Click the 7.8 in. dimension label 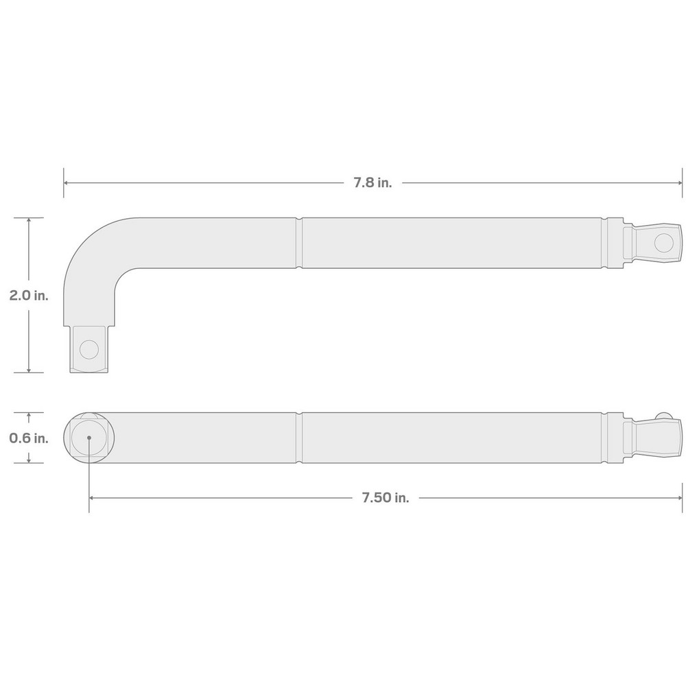click(372, 183)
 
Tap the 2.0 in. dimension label click(28, 296)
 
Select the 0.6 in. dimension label click(28, 438)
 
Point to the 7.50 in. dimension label click(386, 498)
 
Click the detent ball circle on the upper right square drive click(663, 242)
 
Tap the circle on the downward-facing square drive click(88, 349)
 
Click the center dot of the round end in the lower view click(89, 438)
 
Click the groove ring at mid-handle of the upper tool click(300, 243)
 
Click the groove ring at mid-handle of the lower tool click(300, 438)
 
